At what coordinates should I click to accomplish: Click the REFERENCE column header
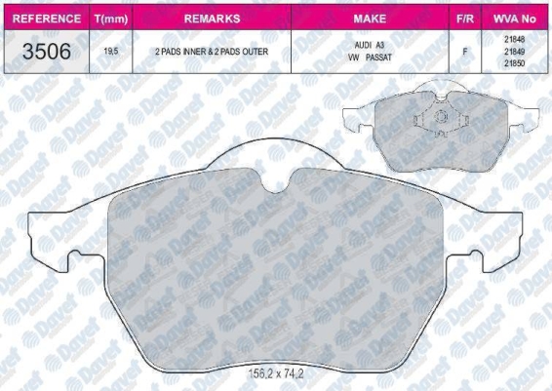pyautogui.click(x=47, y=19)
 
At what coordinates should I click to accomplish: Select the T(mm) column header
pyautogui.click(x=111, y=19)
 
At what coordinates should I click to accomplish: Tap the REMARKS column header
pyautogui.click(x=212, y=19)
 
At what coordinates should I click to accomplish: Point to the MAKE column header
pyautogui.click(x=370, y=19)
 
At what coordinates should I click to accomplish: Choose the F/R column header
pyautogui.click(x=465, y=19)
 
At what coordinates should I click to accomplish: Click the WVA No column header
pyautogui.click(x=514, y=19)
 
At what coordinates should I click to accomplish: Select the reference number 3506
pyautogui.click(x=47, y=52)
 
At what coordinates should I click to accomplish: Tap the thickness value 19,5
pyautogui.click(x=111, y=52)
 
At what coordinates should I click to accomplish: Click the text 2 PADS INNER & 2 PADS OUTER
pyautogui.click(x=212, y=52)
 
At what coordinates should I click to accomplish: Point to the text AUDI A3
pyautogui.click(x=370, y=45)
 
